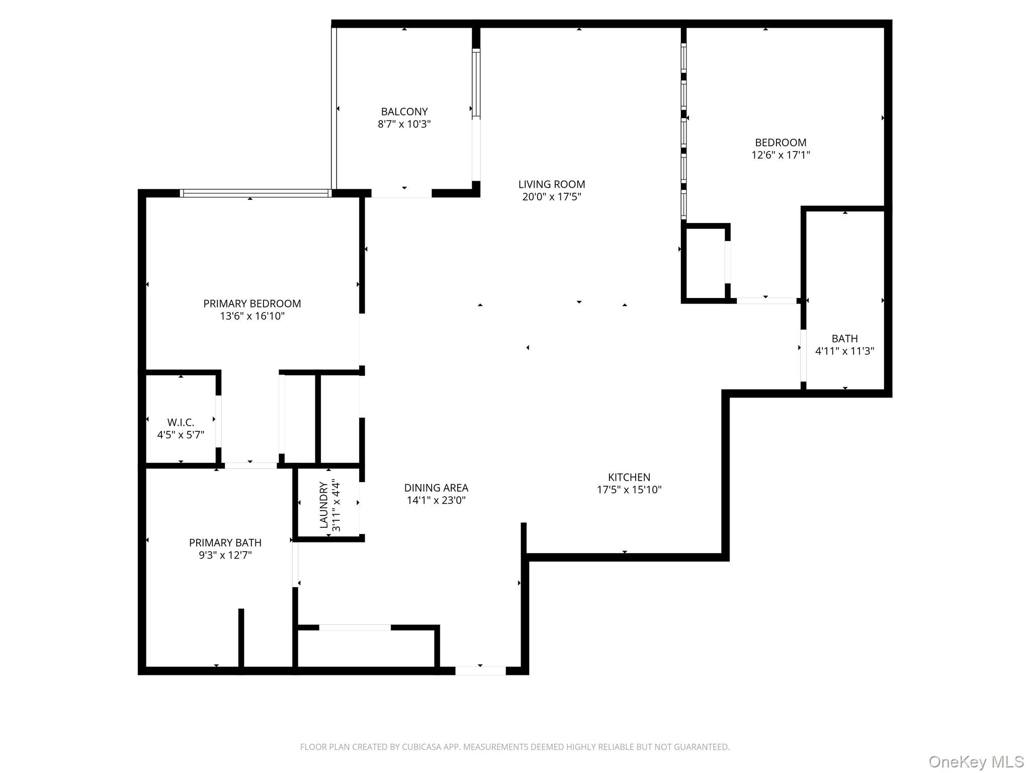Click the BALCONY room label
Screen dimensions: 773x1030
click(x=404, y=112)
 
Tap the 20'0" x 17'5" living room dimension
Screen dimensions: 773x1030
click(x=551, y=197)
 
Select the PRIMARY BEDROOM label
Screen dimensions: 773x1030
click(x=252, y=303)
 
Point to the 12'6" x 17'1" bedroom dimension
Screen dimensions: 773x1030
click(x=780, y=155)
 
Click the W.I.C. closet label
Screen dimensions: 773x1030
click(x=181, y=422)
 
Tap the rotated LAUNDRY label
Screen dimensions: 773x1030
click(x=323, y=505)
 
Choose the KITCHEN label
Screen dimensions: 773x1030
click(x=629, y=477)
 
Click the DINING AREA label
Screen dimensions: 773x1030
click(x=436, y=488)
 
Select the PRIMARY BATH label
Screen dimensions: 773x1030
click(x=225, y=543)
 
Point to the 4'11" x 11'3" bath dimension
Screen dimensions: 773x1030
click(x=844, y=351)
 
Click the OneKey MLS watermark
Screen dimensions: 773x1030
click(x=976, y=761)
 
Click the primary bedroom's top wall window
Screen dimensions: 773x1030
click(x=255, y=193)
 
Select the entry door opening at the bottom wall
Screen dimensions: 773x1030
click(x=480, y=670)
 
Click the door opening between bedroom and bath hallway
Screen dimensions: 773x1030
click(x=766, y=301)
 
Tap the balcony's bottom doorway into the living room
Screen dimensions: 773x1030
click(x=401, y=194)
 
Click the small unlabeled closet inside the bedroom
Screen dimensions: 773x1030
click(x=705, y=263)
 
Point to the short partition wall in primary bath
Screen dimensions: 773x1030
click(x=241, y=638)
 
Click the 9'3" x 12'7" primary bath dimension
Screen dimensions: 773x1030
click(x=225, y=555)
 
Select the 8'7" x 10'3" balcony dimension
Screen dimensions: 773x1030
click(x=404, y=124)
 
